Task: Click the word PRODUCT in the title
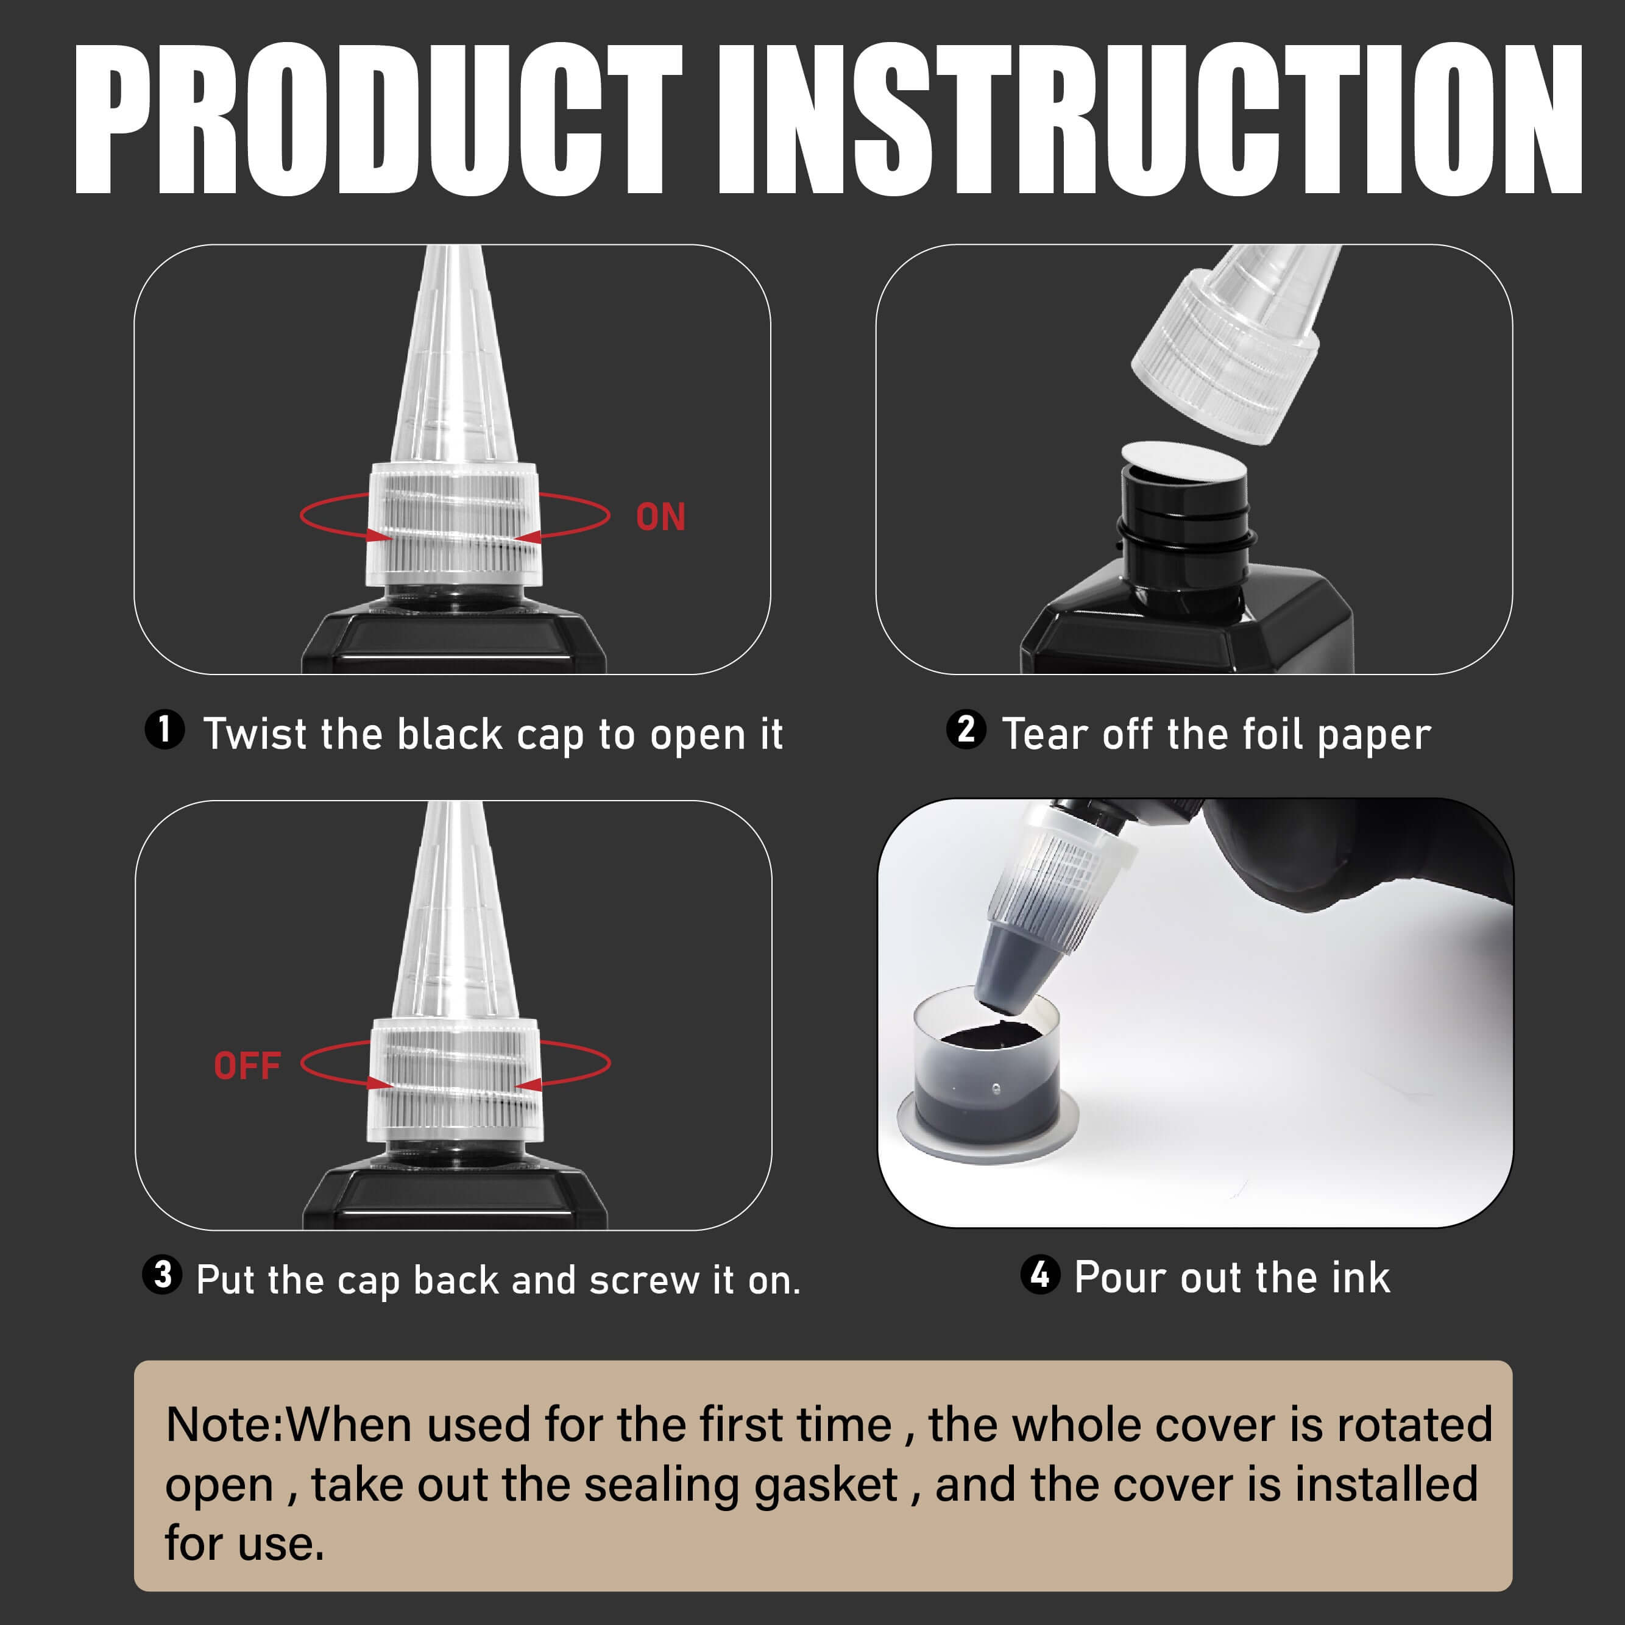(378, 119)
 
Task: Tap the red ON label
(660, 517)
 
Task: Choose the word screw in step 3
(643, 1281)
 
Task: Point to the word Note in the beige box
(221, 1425)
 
